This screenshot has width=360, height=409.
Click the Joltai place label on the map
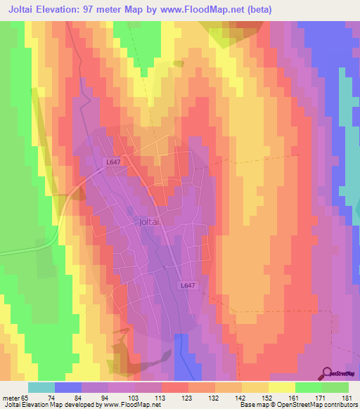[152, 221]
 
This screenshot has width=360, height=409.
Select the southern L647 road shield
[187, 285]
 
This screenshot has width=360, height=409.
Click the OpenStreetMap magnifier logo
[327, 372]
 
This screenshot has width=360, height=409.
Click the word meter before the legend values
[9, 398]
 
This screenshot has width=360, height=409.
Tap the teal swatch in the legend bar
[41, 387]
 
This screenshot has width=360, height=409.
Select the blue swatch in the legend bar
[68, 387]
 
